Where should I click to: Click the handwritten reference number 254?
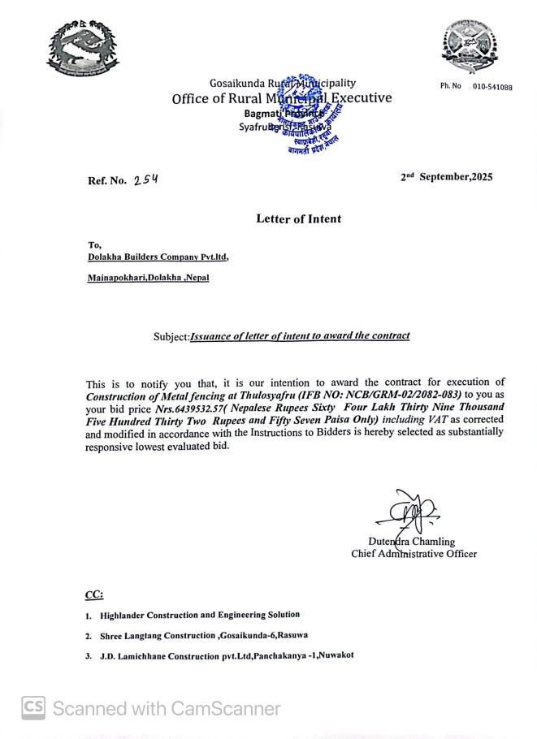pos(146,179)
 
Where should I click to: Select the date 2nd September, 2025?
pos(446,177)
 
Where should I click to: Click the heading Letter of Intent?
pos(298,218)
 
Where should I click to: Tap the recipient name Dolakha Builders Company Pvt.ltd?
pos(158,257)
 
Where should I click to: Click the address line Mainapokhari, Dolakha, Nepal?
pos(148,278)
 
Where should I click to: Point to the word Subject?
pos(171,337)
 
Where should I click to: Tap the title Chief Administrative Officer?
pos(414,554)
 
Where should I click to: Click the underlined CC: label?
pos(94,595)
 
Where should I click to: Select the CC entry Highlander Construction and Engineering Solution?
pos(199,616)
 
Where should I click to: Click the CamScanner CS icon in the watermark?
pos(33,708)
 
